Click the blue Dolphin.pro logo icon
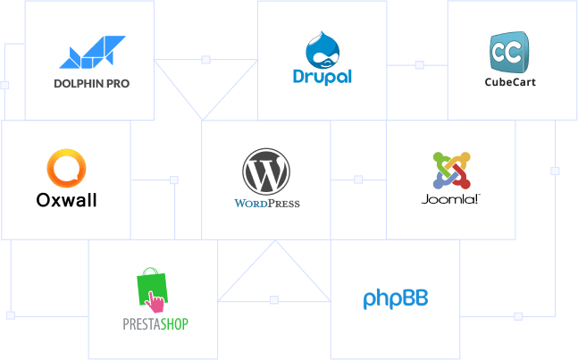[x=93, y=53]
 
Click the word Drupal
[x=322, y=76]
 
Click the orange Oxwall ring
[x=67, y=170]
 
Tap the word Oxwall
[x=66, y=200]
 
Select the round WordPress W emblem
[x=266, y=172]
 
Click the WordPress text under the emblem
[x=266, y=203]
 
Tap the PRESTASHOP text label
[x=155, y=322]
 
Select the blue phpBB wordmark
[x=396, y=298]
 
